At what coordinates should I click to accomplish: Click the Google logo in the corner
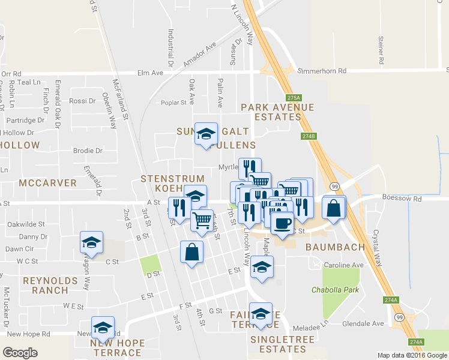click(x=20, y=353)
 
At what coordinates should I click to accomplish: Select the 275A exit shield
click(x=292, y=97)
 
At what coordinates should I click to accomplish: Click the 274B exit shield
click(x=308, y=136)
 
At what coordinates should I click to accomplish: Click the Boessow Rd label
click(x=402, y=198)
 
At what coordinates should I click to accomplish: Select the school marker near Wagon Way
click(x=91, y=242)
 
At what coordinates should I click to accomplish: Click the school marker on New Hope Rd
click(x=103, y=328)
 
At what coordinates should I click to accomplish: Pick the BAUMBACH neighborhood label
click(x=332, y=247)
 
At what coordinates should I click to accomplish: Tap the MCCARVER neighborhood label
click(x=47, y=182)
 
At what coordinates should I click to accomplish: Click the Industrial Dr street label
click(x=170, y=48)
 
